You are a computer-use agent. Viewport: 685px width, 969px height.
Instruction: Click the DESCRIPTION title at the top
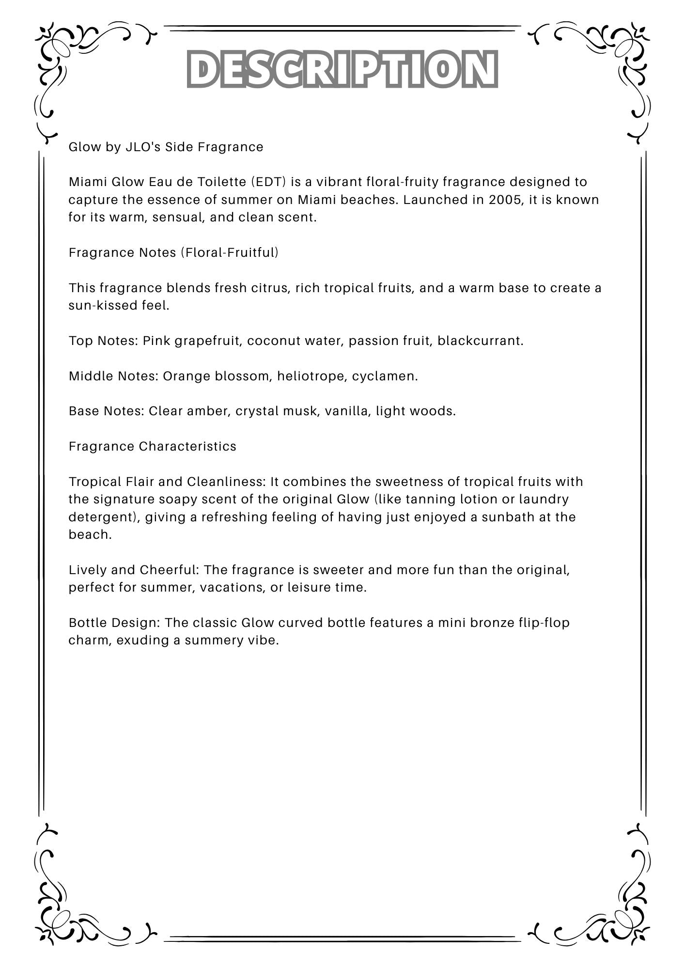[342, 69]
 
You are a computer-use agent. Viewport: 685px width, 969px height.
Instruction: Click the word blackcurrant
[480, 341]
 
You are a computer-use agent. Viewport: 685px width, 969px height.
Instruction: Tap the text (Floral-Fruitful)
[230, 252]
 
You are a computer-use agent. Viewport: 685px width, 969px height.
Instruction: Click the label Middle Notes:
[113, 376]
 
